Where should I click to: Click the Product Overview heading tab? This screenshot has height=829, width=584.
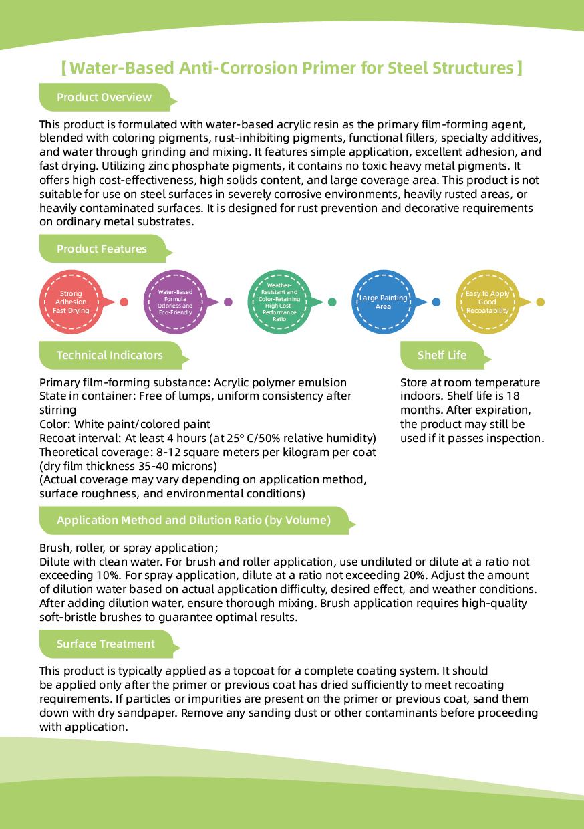(104, 98)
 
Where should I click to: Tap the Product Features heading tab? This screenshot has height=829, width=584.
(102, 249)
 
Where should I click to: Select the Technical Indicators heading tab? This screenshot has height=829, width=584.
(110, 355)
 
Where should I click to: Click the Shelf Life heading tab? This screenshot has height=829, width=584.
(442, 355)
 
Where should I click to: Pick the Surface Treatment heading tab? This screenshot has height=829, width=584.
(106, 644)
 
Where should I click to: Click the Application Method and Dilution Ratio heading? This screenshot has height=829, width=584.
(194, 520)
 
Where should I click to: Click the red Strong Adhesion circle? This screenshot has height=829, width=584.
(71, 302)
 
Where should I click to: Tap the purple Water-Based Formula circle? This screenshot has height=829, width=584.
(175, 302)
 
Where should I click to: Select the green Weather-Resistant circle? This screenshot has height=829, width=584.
(279, 302)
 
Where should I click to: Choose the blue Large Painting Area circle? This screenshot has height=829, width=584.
(383, 302)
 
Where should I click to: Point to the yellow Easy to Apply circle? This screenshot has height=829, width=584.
(487, 302)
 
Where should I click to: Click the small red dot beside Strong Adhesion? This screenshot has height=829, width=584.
(124, 302)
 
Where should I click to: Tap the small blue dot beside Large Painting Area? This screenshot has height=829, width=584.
(436, 302)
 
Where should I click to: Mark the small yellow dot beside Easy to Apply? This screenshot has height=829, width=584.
(541, 302)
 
